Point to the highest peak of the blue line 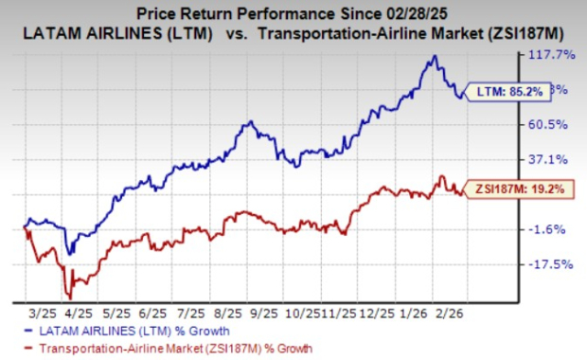pyautogui.click(x=433, y=56)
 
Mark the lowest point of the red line pyautogui.click(x=66, y=296)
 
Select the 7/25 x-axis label pyautogui.click(x=191, y=312)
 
